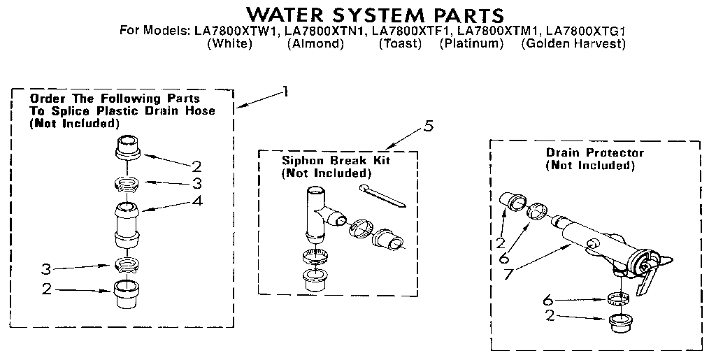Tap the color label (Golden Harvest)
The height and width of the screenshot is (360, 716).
(x=573, y=44)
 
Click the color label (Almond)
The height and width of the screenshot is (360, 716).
(x=315, y=44)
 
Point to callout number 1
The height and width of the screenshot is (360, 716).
(x=284, y=90)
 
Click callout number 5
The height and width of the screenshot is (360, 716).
(x=429, y=127)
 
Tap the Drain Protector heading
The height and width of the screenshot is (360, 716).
(x=594, y=152)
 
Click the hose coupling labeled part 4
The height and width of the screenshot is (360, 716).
(x=127, y=223)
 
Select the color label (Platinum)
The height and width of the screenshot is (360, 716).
(x=471, y=44)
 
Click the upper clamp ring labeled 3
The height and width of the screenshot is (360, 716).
(x=127, y=185)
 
